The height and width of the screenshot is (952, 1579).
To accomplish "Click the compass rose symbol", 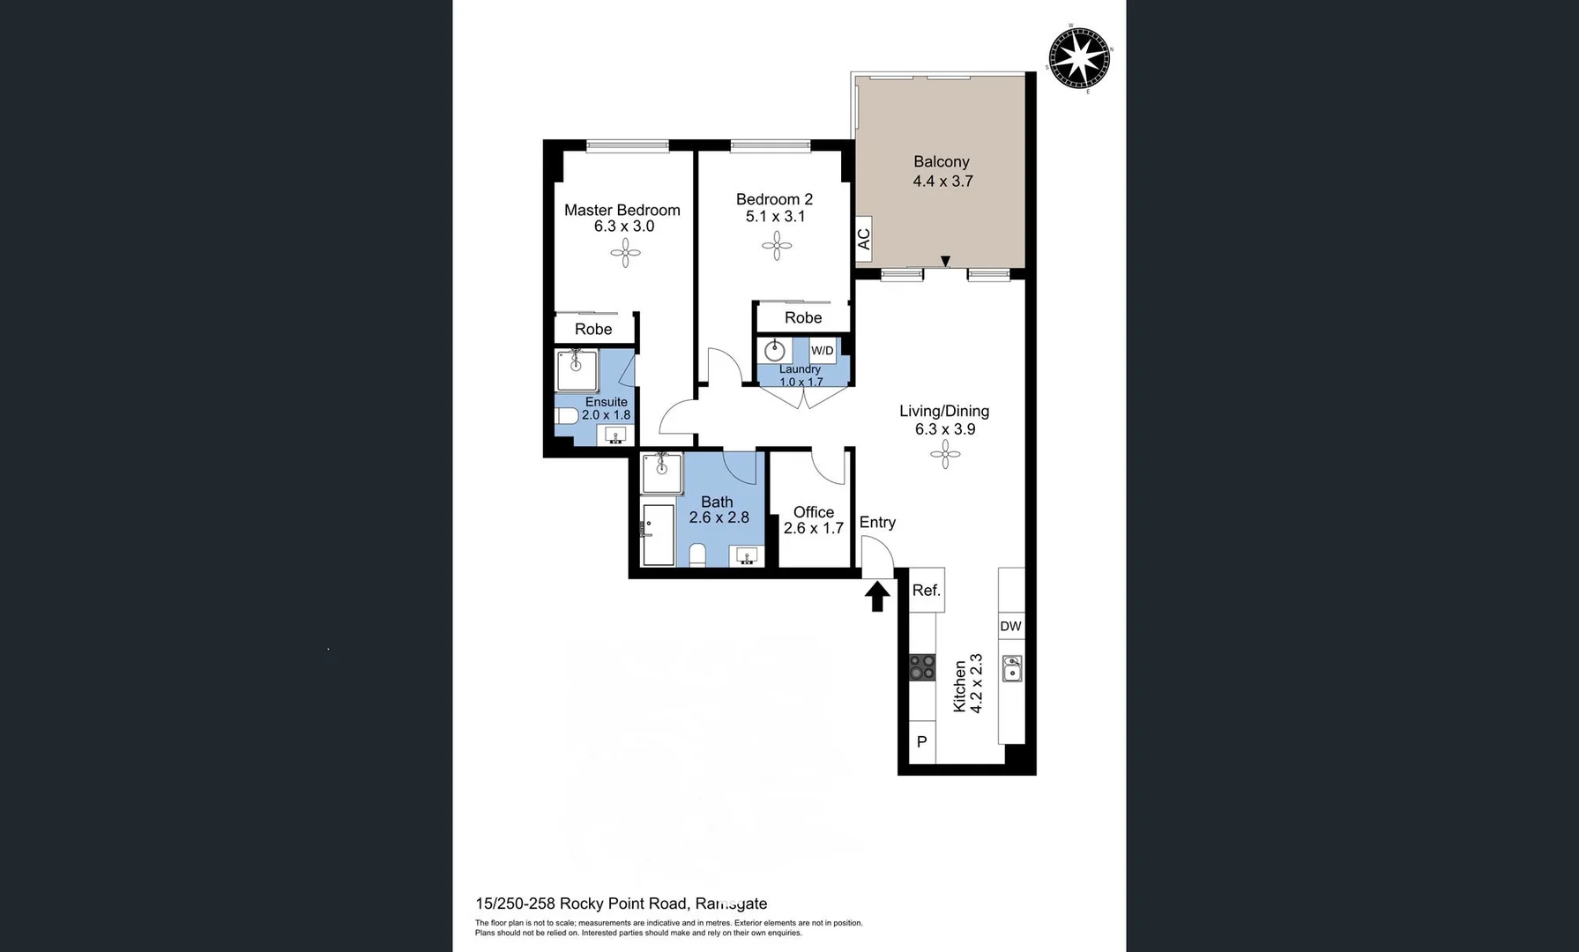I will pos(1079,58).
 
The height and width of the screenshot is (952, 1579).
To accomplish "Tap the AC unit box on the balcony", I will pos(863,239).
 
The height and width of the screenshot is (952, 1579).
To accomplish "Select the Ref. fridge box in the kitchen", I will pos(926,591).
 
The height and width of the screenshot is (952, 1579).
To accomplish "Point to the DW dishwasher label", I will pos(1010,627).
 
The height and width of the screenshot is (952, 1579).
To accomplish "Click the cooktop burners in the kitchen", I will pos(922,667).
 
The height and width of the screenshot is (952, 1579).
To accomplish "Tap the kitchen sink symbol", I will pos(1012,668).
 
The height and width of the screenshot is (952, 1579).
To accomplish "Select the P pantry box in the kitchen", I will pos(921,741).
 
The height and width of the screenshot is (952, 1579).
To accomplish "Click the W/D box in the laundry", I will pos(822,350).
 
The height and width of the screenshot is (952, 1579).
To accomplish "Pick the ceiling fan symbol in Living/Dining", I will pos(944,455).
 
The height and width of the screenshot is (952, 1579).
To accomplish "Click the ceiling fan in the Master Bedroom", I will pos(625,254).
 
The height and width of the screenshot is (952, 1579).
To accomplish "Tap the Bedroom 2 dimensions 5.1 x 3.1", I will pos(775,217).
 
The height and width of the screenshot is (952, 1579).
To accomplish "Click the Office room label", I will pos(813,512).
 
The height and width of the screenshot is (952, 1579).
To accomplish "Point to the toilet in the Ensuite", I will pos(567,415).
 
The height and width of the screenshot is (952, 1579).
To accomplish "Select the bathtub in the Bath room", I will pos(658,534).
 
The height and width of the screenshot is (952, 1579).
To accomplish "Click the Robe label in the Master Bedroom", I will pos(592,330).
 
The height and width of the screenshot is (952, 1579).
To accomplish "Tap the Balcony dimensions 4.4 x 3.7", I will pos(942,182).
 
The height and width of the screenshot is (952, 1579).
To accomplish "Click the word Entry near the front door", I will pos(877,523).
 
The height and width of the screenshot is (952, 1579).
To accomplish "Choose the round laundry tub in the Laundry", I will pos(775,351).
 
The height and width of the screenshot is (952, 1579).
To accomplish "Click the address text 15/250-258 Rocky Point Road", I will pos(581,904).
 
